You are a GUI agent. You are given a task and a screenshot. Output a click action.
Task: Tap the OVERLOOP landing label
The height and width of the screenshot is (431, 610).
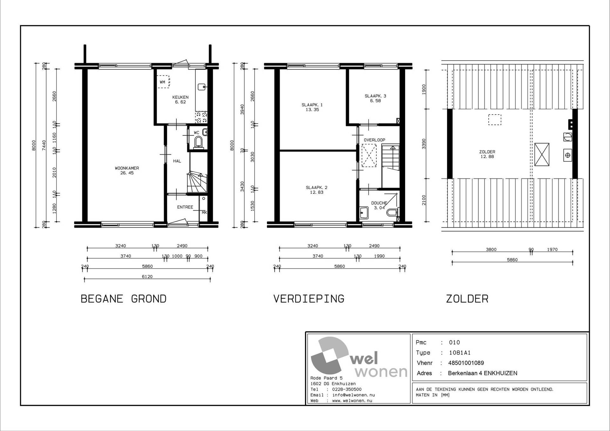point(374,140)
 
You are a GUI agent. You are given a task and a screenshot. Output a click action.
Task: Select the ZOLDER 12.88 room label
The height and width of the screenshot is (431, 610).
point(487,154)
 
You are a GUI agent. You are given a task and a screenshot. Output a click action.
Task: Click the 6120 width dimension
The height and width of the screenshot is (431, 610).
point(147,277)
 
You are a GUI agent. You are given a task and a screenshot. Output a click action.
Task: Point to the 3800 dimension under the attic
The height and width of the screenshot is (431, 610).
point(491,250)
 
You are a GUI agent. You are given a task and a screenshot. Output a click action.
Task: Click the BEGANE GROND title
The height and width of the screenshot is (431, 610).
point(124,299)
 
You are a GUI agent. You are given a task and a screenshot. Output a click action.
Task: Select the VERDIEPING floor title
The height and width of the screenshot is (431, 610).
point(309,299)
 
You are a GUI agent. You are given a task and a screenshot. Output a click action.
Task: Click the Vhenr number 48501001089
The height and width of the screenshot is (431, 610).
point(466,363)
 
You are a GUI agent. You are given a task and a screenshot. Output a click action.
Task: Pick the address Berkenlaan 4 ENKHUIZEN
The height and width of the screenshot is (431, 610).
point(483,373)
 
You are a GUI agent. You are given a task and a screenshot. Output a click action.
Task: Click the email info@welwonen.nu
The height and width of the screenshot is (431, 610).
point(354,395)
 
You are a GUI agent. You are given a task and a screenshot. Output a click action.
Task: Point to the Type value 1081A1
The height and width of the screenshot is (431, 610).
point(460,353)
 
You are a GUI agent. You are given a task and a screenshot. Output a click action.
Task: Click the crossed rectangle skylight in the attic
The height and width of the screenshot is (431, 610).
point(542,154)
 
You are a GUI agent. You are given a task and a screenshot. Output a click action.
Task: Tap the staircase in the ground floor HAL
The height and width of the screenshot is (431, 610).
point(197,182)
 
